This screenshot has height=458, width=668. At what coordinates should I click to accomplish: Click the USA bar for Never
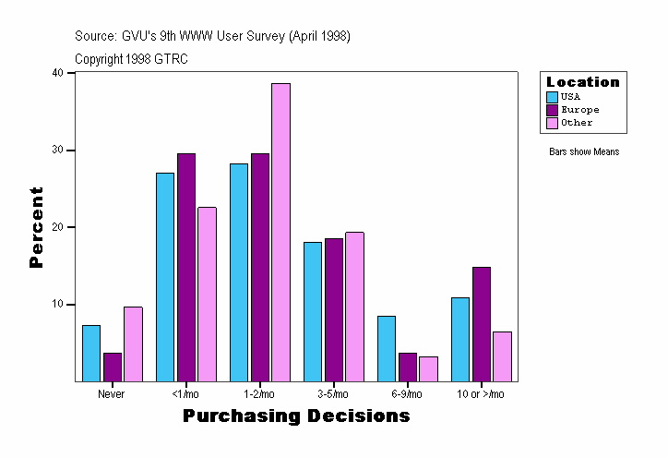pos(91,353)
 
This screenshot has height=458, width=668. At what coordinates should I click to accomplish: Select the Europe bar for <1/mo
pos(186,267)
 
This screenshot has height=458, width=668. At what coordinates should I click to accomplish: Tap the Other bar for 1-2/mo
pos(280,232)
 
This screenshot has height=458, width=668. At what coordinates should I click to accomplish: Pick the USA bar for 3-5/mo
pos(313,311)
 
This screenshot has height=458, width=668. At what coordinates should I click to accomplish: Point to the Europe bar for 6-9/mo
pos(408,367)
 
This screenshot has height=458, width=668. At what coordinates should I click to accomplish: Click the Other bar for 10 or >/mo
pos(502,356)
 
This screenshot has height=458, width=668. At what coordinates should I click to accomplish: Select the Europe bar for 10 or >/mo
pos(482,324)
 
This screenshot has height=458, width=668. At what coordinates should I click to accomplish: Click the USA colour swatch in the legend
pos(552,97)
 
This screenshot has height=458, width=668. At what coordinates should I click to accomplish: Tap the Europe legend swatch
pos(552,110)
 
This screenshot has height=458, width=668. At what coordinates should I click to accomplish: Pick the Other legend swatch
pos(552,123)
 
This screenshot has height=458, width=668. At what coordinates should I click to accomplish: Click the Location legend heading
pos(583,82)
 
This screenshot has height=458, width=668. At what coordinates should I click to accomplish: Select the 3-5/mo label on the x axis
pos(333,394)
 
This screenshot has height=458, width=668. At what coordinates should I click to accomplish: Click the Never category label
pos(112,394)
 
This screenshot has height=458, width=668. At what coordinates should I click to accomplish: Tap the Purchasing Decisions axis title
pos(296,416)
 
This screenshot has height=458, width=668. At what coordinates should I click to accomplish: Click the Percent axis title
pos(37,227)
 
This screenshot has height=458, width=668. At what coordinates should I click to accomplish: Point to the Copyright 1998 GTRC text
pos(131,58)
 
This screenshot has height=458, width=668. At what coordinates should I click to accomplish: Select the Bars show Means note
pos(584,152)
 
